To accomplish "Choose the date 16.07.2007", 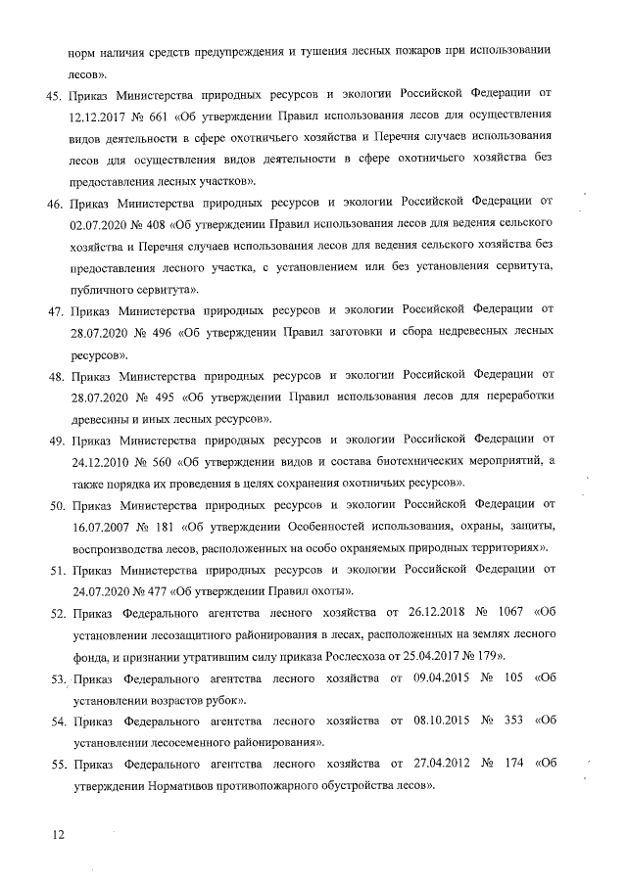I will pos(102,529).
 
